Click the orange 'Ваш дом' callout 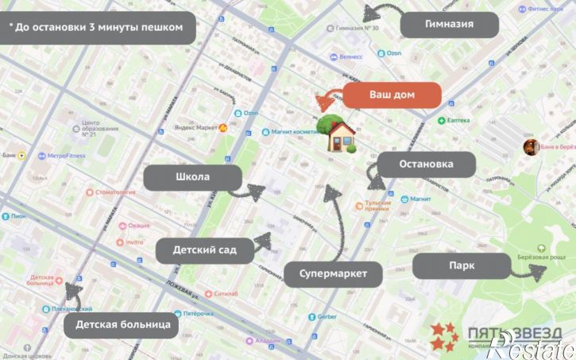pos(391,95)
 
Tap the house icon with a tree pos(338,134)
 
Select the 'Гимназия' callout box pos(449,24)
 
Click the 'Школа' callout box pos(193,177)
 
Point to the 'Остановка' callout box pos(426,165)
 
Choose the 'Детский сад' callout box pos(205,250)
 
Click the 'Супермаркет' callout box pos(333,274)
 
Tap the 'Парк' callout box pos(461,265)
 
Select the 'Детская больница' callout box pos(122,324)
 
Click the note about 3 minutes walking pos(101,27)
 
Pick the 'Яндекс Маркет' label pos(195,127)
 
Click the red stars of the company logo pos(444,336)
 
